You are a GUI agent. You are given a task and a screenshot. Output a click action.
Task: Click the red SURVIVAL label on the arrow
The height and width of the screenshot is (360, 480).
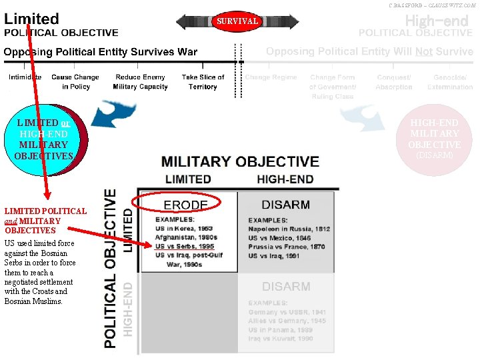click(237, 21)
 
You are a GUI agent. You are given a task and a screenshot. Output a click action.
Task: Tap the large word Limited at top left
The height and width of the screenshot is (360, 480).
click(31, 19)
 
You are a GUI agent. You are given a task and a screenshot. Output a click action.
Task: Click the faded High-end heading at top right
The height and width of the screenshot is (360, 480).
click(437, 21)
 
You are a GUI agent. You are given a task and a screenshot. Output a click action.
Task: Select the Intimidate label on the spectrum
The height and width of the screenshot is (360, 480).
click(25, 77)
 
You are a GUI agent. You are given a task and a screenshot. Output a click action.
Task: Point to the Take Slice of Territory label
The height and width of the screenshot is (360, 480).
click(203, 82)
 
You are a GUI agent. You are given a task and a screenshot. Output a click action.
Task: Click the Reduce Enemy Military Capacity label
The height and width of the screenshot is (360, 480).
click(140, 82)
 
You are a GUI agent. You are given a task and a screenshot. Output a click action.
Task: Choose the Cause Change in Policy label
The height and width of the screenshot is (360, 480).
click(75, 82)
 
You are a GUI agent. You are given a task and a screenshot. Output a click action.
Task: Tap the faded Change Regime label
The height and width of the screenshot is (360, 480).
click(271, 77)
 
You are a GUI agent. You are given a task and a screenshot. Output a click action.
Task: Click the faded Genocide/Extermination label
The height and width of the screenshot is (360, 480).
click(450, 82)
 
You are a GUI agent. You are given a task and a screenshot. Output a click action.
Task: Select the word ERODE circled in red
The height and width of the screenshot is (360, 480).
click(186, 204)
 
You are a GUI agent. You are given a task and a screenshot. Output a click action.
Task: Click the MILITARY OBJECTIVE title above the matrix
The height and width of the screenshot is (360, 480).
click(240, 162)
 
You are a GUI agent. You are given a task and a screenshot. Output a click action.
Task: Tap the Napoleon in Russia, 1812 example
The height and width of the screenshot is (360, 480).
click(289, 229)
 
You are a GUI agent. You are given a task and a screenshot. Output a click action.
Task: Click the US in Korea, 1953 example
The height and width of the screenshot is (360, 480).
click(185, 229)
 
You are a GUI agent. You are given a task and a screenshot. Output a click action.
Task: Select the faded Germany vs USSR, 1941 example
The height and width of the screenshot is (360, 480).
click(287, 312)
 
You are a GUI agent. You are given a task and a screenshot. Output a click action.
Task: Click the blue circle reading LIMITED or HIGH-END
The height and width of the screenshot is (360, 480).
click(43, 139)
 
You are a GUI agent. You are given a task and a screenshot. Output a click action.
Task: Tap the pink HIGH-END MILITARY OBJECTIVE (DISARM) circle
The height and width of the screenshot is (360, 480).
click(434, 139)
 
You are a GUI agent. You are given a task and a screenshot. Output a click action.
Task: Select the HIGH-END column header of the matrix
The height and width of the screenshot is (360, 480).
click(286, 179)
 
